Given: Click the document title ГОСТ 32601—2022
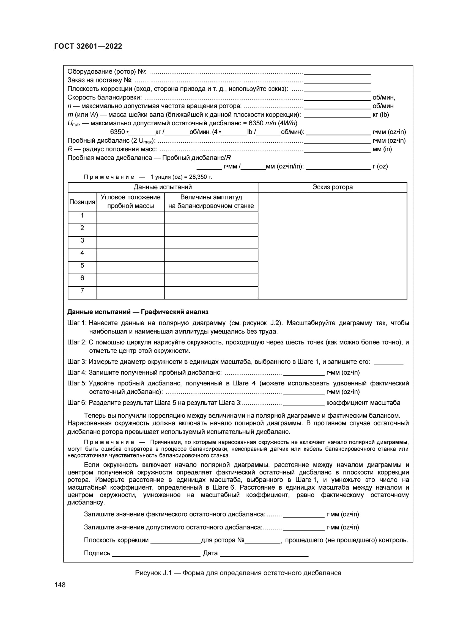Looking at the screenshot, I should point(88,46).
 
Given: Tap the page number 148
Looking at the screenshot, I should point(60,585).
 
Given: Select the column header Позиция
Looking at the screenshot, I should point(82,202).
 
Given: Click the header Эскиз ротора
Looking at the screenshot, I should point(332,187).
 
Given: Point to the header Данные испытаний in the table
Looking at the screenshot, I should point(163,187).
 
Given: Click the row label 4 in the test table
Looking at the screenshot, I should point(82,253).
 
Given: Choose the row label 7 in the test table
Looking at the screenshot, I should point(82,290).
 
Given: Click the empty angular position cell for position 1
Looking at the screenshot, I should point(130,217).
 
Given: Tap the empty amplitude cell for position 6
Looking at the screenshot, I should point(211,280).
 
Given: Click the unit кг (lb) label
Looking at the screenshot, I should point(380,115).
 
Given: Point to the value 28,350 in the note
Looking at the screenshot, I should point(198,177).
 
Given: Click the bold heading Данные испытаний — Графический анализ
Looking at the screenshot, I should point(138,312).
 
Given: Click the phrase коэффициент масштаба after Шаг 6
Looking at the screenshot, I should point(363,403).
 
